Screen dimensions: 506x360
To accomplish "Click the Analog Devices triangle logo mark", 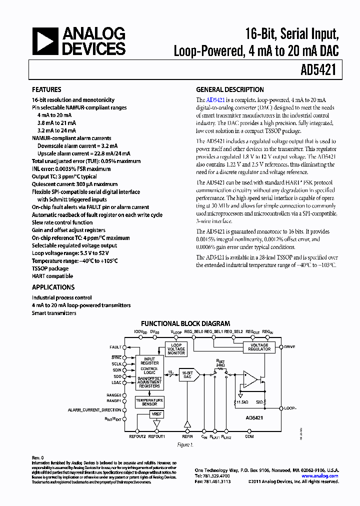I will pos(45,41).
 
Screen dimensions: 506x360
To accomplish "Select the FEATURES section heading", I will pos(47,90).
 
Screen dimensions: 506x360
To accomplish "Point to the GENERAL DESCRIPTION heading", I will pos(229,90).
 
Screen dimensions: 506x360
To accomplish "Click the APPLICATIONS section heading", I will pos(53,287).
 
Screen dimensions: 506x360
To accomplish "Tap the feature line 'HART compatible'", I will pos(52,276).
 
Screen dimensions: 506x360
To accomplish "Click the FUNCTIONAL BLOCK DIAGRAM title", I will pos(185,324).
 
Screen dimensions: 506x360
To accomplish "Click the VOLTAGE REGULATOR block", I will pos(259,347).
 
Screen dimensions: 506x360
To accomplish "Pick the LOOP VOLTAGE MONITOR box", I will pos(176,349).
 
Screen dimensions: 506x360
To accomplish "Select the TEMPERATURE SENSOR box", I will pos(149,402).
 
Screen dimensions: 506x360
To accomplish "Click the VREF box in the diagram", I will pos(156,414).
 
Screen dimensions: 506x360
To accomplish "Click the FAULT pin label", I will pos(115,347).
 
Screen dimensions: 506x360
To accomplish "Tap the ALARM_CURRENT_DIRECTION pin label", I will pos(94,410).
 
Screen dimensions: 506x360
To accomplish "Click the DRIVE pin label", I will pos(290,346).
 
